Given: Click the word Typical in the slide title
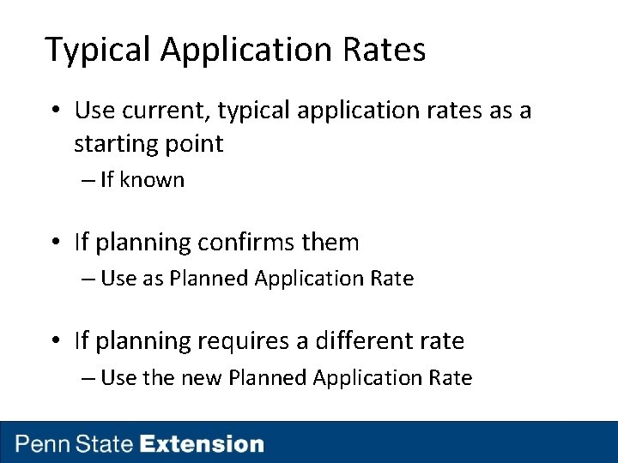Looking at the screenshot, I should (x=98, y=51).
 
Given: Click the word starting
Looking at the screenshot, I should (x=112, y=144).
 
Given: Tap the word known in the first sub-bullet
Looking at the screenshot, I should (x=152, y=180).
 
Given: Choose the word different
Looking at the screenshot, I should (x=360, y=341).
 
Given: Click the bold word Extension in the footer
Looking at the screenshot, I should (x=202, y=444).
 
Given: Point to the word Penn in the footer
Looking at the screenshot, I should (x=45, y=444).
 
